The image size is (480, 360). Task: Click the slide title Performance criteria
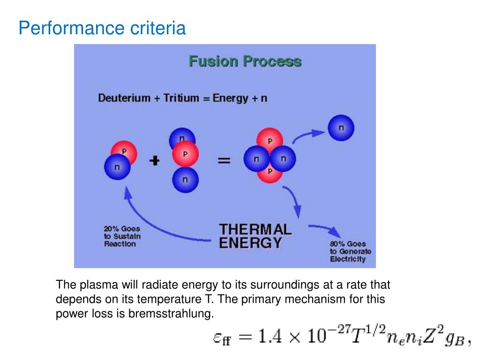(102, 29)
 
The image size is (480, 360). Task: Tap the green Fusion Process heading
(245, 61)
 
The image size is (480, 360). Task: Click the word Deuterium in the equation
(124, 98)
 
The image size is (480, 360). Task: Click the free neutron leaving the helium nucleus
(341, 128)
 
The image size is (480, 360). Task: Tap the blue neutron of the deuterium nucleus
(117, 167)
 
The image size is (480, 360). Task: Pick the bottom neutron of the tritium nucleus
(185, 180)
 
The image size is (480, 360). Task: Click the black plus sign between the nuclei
(154, 161)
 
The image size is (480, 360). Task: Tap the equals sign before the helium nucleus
(224, 160)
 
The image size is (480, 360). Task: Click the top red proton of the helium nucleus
(270, 139)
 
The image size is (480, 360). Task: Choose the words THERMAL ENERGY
(255, 236)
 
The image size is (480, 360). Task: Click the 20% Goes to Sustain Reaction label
(122, 236)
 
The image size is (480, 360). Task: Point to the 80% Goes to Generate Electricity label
(350, 252)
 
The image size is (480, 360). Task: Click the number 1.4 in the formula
(272, 337)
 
